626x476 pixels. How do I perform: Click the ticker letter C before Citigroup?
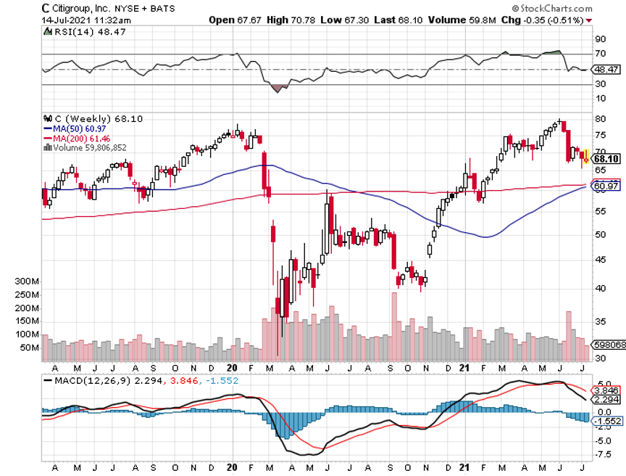(x=45, y=9)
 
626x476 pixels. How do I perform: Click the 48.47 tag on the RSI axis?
(x=605, y=70)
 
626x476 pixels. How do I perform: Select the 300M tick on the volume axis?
(x=26, y=281)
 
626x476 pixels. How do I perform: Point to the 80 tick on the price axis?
(x=600, y=118)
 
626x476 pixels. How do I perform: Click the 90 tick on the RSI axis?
(x=600, y=39)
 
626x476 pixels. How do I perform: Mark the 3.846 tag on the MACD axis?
(x=605, y=389)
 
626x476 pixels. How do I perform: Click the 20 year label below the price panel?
(x=232, y=367)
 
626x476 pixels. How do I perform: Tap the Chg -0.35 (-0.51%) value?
(x=554, y=20)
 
